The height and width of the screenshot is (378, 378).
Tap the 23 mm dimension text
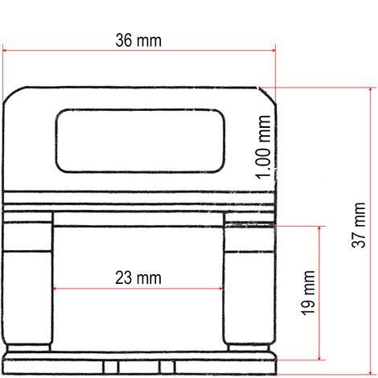pyautogui.click(x=138, y=277)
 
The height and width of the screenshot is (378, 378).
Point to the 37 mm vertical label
pyautogui.click(x=358, y=226)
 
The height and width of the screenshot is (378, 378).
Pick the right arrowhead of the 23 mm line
pyautogui.click(x=221, y=289)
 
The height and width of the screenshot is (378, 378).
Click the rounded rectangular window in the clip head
pyautogui.click(x=138, y=140)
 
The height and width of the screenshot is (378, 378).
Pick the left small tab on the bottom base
pyautogui.click(x=111, y=368)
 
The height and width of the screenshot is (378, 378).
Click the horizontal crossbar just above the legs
pyautogui.click(x=138, y=218)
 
